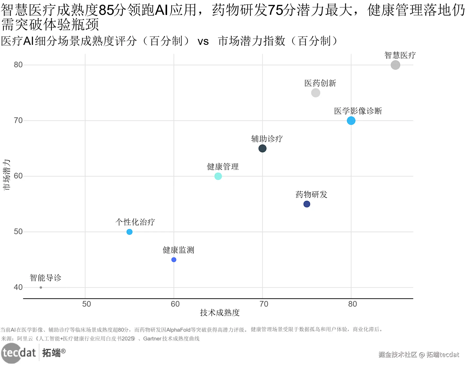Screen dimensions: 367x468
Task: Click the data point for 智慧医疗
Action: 395,65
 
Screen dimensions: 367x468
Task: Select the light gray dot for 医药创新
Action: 316,93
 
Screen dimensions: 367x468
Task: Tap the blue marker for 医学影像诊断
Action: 351,120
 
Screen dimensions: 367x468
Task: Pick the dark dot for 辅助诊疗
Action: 262,149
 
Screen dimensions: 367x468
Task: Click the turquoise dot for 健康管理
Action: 218,176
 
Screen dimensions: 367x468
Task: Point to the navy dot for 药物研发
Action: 307,204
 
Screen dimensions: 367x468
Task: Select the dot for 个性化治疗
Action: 129,232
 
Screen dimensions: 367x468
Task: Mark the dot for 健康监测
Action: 174,260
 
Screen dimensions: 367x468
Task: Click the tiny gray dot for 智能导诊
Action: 41,287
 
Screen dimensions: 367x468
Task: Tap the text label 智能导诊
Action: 45,278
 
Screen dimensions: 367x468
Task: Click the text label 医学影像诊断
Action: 358,111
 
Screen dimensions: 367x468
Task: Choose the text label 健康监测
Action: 178,250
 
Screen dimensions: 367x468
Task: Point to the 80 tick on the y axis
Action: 18,65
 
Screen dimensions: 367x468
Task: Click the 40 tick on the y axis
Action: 18,287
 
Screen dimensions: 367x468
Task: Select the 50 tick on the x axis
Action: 86,304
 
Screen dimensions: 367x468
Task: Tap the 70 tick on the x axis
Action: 264,304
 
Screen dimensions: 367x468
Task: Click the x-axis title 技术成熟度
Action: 220,313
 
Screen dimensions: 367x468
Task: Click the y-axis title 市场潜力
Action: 6,175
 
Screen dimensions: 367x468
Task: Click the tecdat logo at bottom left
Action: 19,353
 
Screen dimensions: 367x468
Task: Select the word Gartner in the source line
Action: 152,339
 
